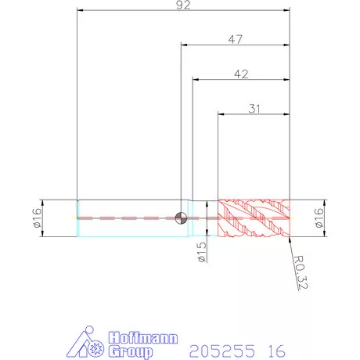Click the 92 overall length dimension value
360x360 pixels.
pos(183,5)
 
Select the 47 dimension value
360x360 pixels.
pos(236,39)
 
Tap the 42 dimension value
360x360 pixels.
pos(241,74)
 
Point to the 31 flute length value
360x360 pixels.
pos(254,109)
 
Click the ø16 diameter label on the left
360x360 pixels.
pos(38,218)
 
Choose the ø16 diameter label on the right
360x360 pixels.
pos(319,218)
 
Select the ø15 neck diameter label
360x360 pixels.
pos(202,252)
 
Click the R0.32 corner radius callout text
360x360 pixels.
pos(301,272)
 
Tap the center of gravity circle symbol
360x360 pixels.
pos(181,218)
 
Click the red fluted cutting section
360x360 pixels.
pos(254,218)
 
